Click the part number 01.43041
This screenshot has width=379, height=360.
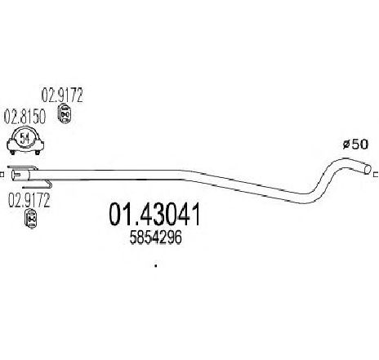point(154,215)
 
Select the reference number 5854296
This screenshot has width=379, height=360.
point(155,238)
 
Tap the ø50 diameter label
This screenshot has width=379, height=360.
point(355,144)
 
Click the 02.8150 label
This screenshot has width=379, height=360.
point(25,118)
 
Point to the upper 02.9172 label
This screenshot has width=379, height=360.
point(62,96)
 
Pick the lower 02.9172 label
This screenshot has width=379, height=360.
point(29,201)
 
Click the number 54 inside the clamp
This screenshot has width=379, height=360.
point(25,139)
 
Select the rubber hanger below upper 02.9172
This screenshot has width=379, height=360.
point(65,113)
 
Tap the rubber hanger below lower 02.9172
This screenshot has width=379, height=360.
point(31,218)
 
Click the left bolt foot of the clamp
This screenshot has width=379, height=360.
point(12,153)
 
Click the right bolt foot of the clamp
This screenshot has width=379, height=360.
point(38,153)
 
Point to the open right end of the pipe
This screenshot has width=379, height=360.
point(368,169)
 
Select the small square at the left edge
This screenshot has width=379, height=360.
point(2,175)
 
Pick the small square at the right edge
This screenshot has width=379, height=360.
point(377,174)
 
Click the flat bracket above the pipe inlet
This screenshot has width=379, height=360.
point(22,167)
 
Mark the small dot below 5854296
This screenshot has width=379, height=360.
point(156,266)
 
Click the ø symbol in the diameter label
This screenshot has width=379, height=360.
point(346,144)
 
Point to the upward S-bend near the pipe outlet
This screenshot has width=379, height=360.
point(325,180)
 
